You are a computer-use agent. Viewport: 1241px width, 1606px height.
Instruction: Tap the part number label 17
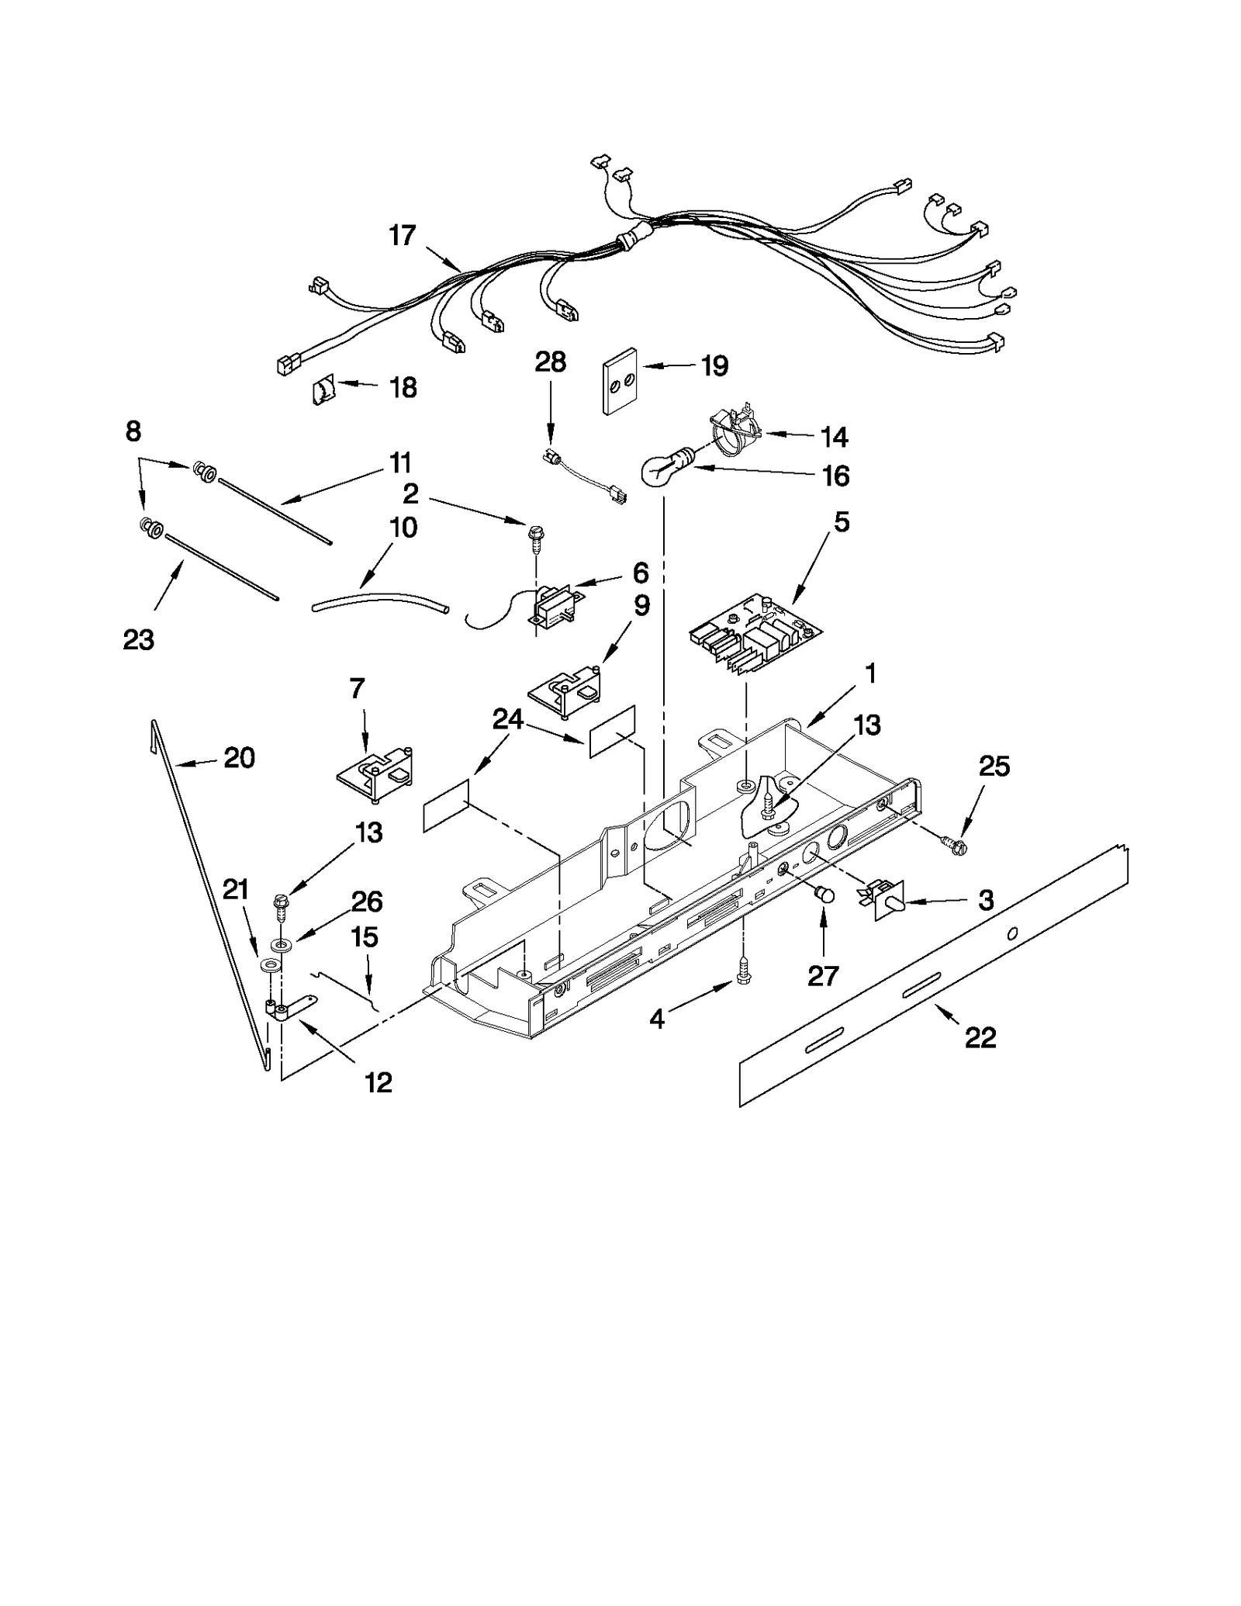[x=403, y=235]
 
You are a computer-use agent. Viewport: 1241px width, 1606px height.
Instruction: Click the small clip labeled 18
[x=323, y=389]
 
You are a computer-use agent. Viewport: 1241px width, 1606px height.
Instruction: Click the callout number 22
[x=980, y=1037]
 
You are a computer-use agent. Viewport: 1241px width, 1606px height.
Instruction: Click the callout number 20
[x=239, y=757]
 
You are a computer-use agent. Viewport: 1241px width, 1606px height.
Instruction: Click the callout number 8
[x=133, y=431]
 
